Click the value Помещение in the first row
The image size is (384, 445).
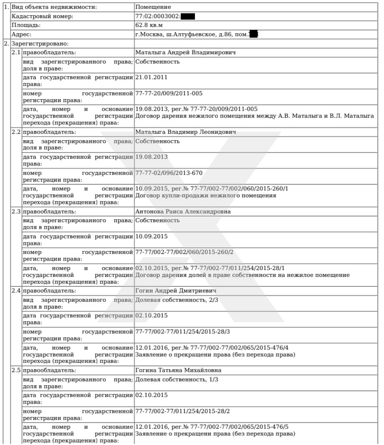click(x=153, y=7)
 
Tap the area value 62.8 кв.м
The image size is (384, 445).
click(x=149, y=25)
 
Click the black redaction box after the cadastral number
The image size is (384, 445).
click(x=188, y=16)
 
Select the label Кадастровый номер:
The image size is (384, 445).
click(x=42, y=16)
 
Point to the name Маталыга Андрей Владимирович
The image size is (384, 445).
click(x=185, y=52)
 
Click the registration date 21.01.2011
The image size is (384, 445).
click(x=151, y=77)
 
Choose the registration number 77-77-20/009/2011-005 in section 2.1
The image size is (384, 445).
click(x=169, y=94)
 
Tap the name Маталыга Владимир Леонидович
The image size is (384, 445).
click(x=186, y=132)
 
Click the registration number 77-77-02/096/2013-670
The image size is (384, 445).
click(x=169, y=173)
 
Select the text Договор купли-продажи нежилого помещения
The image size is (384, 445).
click(x=206, y=196)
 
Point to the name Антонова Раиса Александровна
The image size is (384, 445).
click(x=183, y=211)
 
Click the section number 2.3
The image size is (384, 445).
click(x=16, y=211)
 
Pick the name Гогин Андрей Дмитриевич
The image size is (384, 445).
click(x=176, y=291)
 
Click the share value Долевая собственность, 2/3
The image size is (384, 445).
click(x=176, y=300)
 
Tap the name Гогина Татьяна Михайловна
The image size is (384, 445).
click(x=178, y=370)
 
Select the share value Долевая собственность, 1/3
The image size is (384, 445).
click(x=176, y=379)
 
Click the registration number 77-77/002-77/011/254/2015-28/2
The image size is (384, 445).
click(x=183, y=411)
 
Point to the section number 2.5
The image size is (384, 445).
click(x=16, y=370)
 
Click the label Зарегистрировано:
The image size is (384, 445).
click(x=40, y=44)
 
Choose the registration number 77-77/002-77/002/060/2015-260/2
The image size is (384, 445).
click(x=184, y=252)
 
